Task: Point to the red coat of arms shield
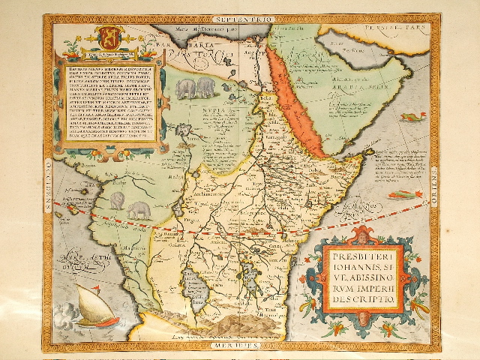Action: point(107,37)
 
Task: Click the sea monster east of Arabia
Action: point(412,117)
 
